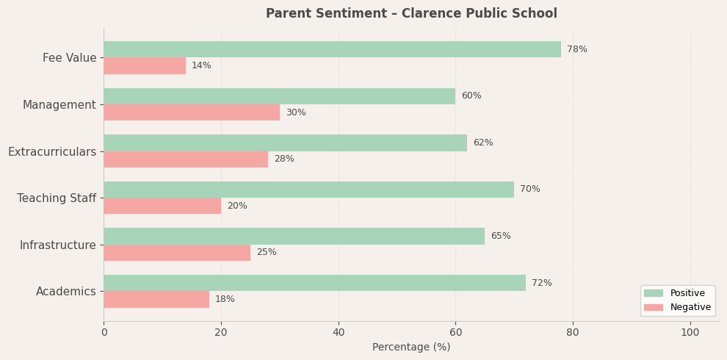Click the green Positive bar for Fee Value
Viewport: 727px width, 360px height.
pos(332,49)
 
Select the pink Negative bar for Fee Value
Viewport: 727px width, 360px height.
pos(145,66)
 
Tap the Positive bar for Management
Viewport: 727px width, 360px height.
pos(279,96)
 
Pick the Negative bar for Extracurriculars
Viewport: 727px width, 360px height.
pos(186,159)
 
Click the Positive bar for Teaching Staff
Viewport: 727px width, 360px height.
pos(308,190)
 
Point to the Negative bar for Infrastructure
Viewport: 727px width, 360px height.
pos(177,253)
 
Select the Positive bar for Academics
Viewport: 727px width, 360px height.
pos(314,283)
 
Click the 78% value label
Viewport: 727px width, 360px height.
pos(576,49)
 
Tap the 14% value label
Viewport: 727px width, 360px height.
pos(201,66)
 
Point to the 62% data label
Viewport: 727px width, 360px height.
pos(482,143)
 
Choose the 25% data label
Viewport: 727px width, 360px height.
pos(266,253)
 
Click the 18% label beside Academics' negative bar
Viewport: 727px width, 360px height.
pos(225,300)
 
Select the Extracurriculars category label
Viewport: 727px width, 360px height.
pos(52,151)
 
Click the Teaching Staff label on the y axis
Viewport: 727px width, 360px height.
pos(57,198)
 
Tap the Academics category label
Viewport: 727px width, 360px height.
pos(66,292)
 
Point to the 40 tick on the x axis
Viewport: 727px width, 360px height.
pos(339,333)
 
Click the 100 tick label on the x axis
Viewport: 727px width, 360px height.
pos(690,333)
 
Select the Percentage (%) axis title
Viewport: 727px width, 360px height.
pos(411,348)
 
